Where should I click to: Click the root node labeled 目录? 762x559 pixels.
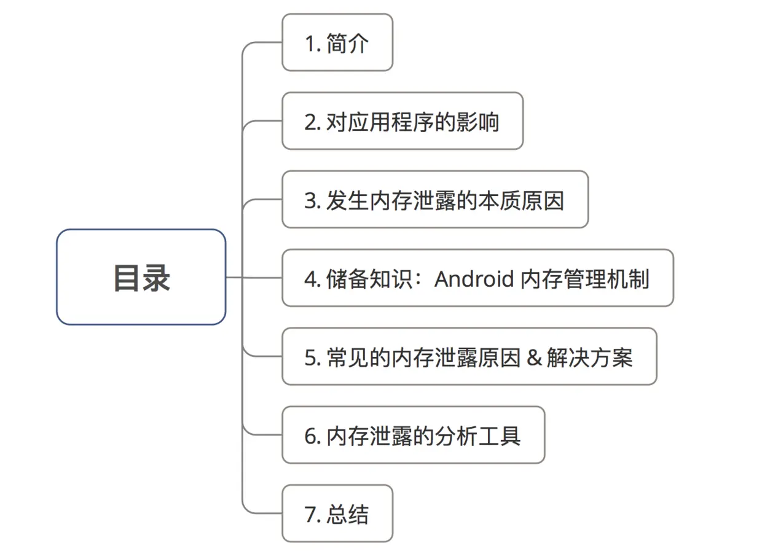141,277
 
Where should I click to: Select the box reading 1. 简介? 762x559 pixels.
337,43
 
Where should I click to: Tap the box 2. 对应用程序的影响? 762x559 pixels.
402,122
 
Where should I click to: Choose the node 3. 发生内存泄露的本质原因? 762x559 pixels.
434,200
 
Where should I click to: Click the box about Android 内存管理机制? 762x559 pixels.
477,278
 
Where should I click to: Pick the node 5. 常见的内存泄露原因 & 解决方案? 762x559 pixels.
469,357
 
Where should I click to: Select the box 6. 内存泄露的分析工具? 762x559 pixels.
413,436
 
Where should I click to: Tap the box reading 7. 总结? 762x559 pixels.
337,514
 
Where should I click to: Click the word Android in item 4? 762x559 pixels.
474,279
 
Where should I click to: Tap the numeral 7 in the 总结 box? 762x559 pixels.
310,515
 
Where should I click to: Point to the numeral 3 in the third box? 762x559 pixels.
310,201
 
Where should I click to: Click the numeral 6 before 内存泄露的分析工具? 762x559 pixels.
310,436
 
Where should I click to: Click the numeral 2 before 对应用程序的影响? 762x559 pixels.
310,122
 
